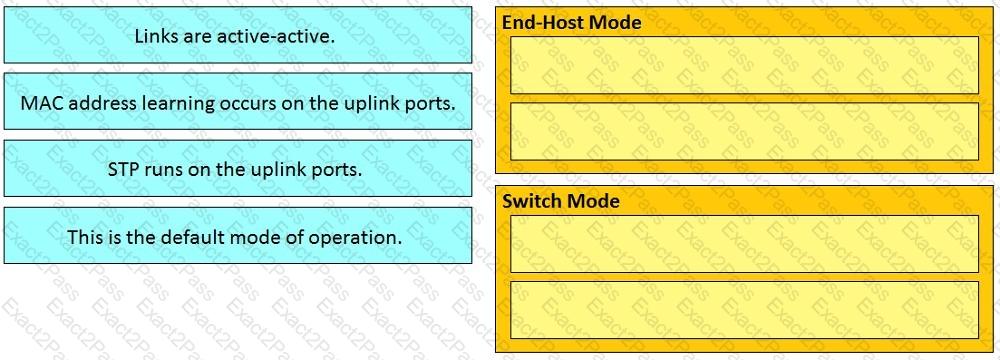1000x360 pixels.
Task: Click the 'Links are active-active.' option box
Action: (x=238, y=35)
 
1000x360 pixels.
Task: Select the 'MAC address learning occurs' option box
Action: (x=238, y=101)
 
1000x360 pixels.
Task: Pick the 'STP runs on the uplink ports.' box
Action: (x=238, y=169)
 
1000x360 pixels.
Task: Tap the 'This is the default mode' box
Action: (x=238, y=236)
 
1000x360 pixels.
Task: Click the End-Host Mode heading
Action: (x=571, y=22)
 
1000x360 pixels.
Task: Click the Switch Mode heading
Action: (x=561, y=201)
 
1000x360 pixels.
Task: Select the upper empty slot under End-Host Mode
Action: (x=744, y=65)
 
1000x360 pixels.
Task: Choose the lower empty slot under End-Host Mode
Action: (x=744, y=131)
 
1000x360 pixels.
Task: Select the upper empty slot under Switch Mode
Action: (x=744, y=244)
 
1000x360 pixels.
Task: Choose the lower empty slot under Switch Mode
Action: (x=744, y=310)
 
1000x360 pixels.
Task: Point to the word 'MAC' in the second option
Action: (x=37, y=103)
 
